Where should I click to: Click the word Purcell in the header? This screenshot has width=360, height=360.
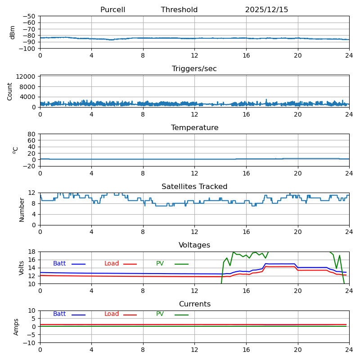point(112,10)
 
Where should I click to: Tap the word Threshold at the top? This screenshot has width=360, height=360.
point(179,10)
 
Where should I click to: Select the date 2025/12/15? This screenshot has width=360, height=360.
point(266,10)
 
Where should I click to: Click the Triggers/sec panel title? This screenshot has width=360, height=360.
point(194,69)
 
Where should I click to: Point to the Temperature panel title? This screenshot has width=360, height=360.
point(194,128)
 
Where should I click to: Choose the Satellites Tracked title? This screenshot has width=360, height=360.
point(194,187)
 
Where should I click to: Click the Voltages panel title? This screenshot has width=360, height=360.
point(194,245)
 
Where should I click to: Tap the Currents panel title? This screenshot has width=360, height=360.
point(194,304)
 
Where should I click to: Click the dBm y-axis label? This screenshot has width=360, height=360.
point(13,32)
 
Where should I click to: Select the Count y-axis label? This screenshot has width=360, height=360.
point(10,91)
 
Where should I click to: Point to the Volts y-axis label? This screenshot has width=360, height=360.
point(22,267)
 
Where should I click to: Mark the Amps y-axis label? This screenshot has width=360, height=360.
point(16,327)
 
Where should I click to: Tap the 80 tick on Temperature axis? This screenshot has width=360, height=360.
point(32,134)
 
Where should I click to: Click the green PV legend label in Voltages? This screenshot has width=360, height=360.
point(160,264)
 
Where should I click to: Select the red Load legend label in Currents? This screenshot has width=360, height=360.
point(112,314)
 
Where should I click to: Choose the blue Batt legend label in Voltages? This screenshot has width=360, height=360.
point(59,264)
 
